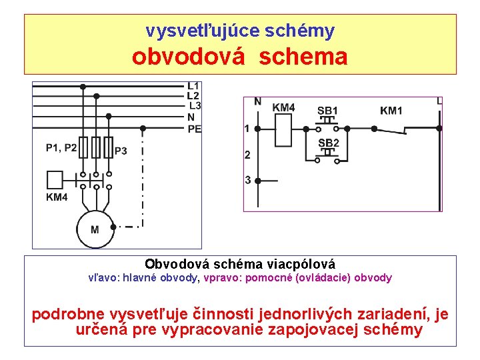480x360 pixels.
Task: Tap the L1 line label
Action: tap(193, 86)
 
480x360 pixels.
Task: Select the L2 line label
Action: tap(193, 96)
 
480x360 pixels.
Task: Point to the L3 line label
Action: tap(195, 106)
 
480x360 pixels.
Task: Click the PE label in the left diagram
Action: tap(194, 129)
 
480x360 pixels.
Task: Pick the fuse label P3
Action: tap(121, 151)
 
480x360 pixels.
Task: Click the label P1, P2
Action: tap(61, 148)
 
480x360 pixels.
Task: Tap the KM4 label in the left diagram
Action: tap(57, 197)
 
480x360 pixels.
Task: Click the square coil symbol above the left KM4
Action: tap(55, 179)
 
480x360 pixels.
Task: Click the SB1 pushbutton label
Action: tap(327, 110)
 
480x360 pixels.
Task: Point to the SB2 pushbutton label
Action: tap(328, 143)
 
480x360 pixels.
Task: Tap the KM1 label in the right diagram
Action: tap(391, 110)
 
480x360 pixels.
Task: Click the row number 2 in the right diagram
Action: tap(247, 155)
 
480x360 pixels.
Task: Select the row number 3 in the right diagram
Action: tap(247, 180)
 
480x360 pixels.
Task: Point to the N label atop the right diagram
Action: tap(257, 102)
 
